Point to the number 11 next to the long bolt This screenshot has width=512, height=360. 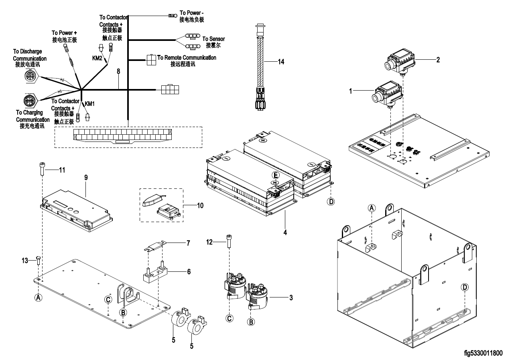click(61, 170)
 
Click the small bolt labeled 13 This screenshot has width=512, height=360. click(37, 261)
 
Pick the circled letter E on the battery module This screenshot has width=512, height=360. click(275, 176)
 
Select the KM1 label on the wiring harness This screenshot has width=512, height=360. click(90, 103)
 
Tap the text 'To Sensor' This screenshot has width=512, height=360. click(213, 39)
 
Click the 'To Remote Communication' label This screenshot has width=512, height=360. click(187, 58)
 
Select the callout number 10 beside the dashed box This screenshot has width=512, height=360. click(200, 206)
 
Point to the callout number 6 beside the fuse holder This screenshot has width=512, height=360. click(189, 271)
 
